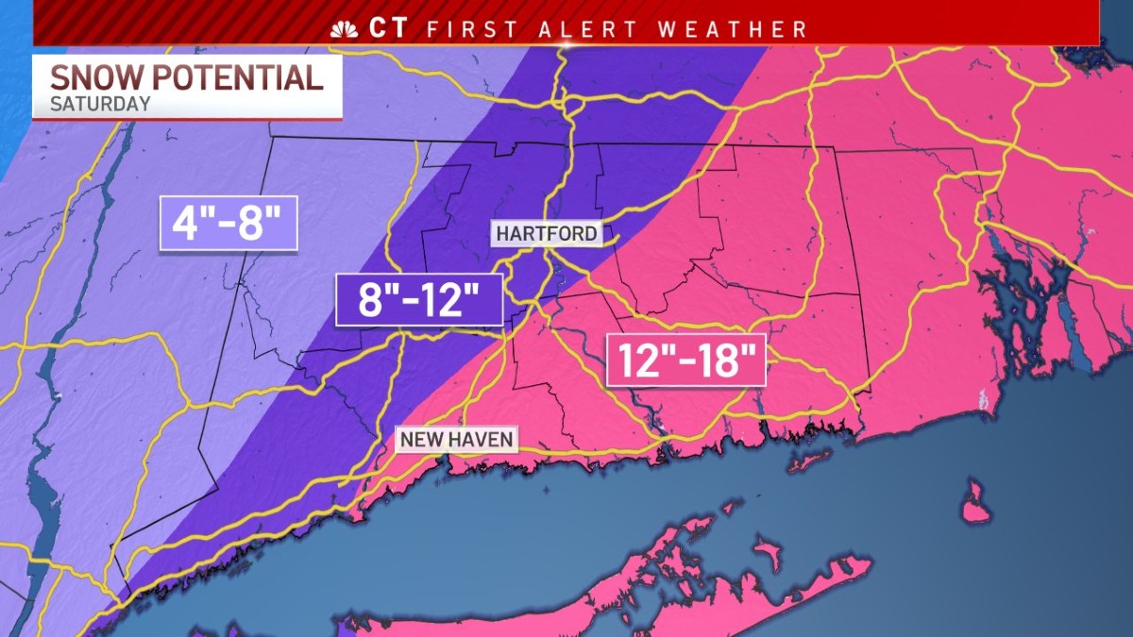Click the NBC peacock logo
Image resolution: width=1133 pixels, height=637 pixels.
coord(344,28)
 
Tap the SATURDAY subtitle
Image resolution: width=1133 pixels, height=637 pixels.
coord(100,104)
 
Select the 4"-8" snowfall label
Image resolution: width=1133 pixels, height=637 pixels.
coord(228,223)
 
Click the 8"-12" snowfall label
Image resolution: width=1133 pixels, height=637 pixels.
coord(418,299)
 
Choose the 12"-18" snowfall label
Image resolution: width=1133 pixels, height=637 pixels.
coord(685,360)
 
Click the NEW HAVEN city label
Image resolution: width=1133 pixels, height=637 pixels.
coord(456,439)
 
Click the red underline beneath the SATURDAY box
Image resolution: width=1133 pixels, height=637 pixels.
coord(187,119)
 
